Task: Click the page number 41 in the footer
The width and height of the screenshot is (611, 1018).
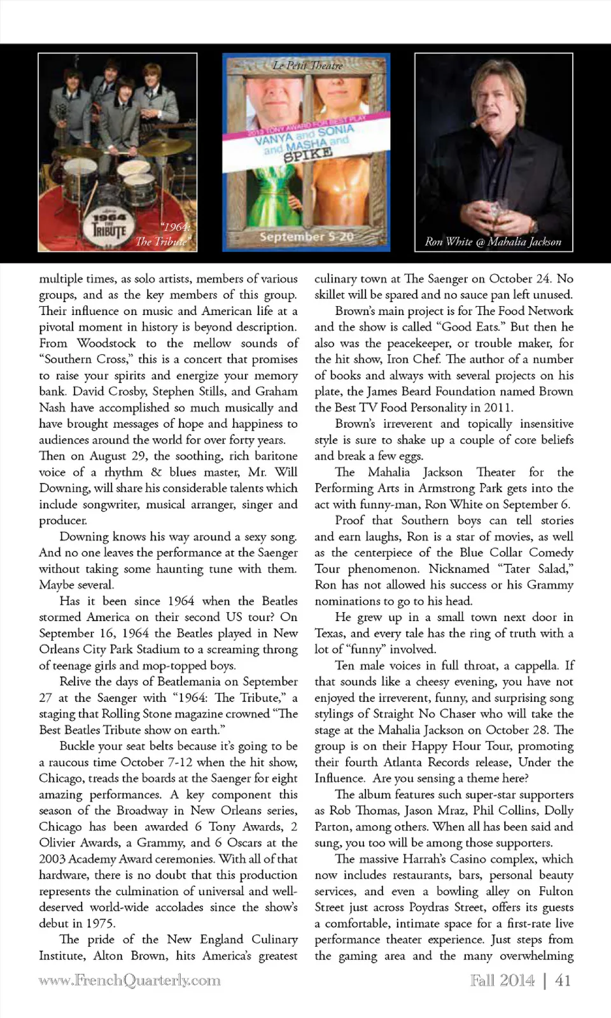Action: (x=563, y=980)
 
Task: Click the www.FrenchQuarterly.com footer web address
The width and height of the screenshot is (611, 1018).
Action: (x=129, y=980)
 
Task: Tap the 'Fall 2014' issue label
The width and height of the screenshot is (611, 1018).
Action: (x=502, y=980)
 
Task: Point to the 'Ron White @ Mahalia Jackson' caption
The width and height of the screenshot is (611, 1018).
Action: (x=493, y=242)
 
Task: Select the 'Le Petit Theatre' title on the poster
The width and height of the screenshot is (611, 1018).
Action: (x=307, y=66)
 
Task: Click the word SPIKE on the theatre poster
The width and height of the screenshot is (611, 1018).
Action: (x=309, y=155)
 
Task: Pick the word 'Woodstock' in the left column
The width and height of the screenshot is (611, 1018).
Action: (x=106, y=343)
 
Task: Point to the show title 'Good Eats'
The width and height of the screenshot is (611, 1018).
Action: (x=471, y=327)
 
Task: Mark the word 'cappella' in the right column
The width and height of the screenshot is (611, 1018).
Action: (x=536, y=666)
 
